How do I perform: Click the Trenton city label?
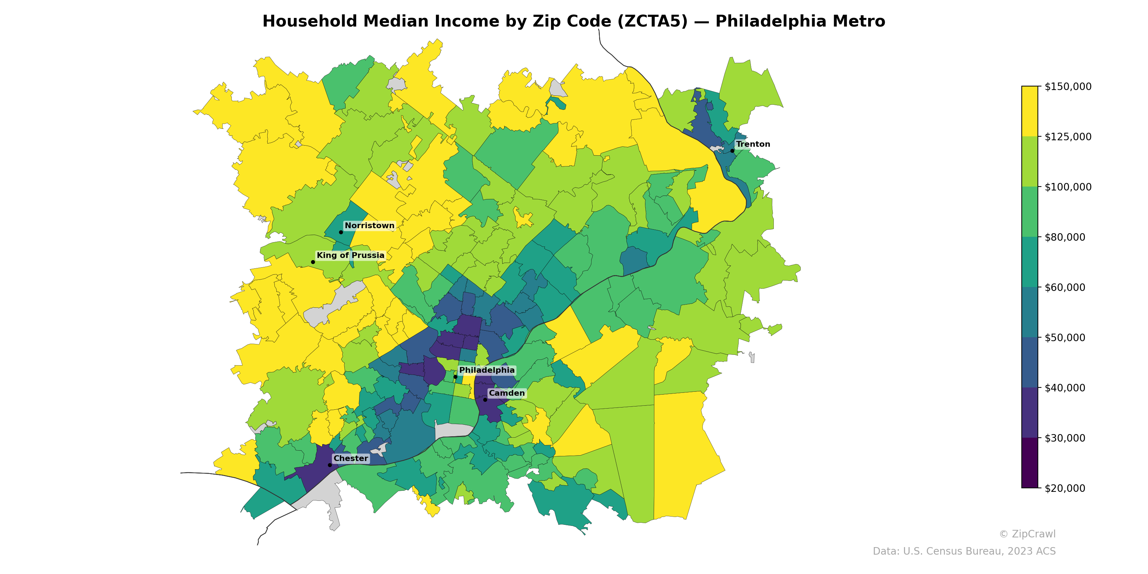point(753,144)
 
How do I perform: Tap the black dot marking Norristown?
point(341,232)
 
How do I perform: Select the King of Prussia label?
point(350,255)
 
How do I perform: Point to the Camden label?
point(507,393)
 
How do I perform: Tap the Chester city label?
point(351,458)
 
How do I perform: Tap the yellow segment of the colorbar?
point(1030,112)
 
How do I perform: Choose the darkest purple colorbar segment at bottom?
point(1030,463)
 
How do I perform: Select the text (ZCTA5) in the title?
point(653,22)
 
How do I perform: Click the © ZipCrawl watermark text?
point(1027,534)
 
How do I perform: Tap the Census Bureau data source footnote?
point(964,551)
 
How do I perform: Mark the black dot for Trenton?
point(732,151)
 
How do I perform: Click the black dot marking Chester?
point(330,465)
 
